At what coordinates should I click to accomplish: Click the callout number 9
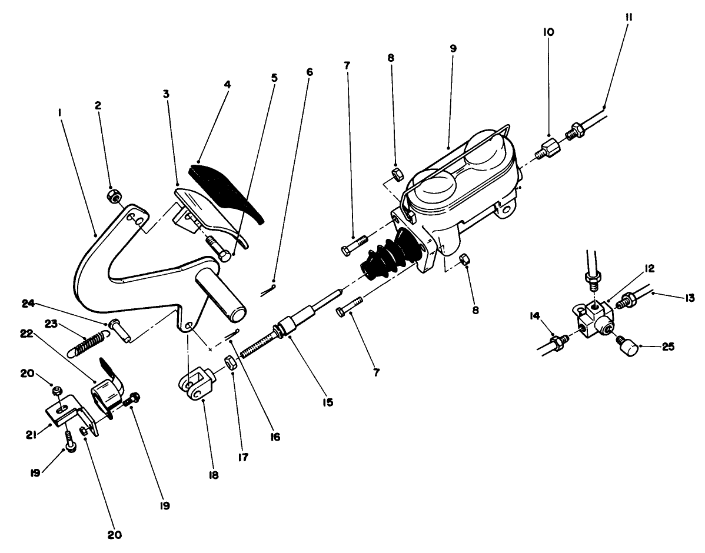pos(453,48)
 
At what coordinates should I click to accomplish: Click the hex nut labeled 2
pos(112,195)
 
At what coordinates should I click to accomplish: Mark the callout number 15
pos(327,402)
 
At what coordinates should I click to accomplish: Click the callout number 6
pos(310,72)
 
